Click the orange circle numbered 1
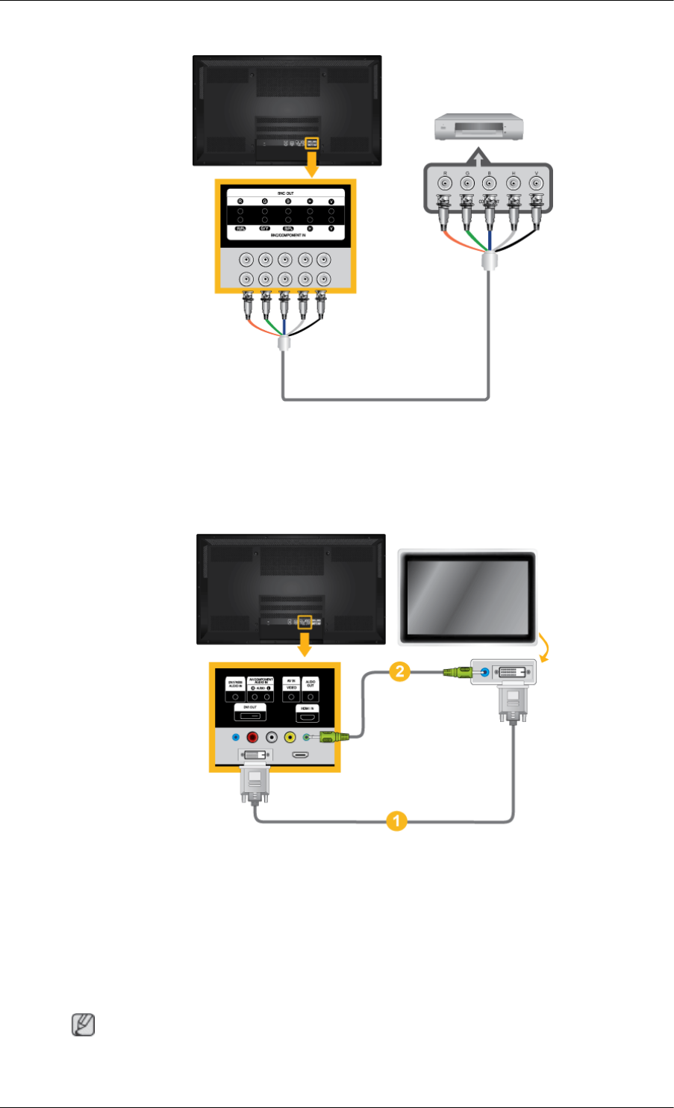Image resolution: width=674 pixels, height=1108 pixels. click(x=396, y=822)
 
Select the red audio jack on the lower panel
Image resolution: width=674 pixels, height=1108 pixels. click(x=253, y=737)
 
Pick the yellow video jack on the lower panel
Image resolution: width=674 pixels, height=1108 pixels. click(x=289, y=737)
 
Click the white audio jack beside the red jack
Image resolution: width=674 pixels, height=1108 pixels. click(x=271, y=737)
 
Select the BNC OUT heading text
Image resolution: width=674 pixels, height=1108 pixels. click(x=285, y=193)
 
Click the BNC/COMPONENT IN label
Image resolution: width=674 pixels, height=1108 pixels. click(x=285, y=235)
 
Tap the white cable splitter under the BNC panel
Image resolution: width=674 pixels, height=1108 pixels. click(x=284, y=345)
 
